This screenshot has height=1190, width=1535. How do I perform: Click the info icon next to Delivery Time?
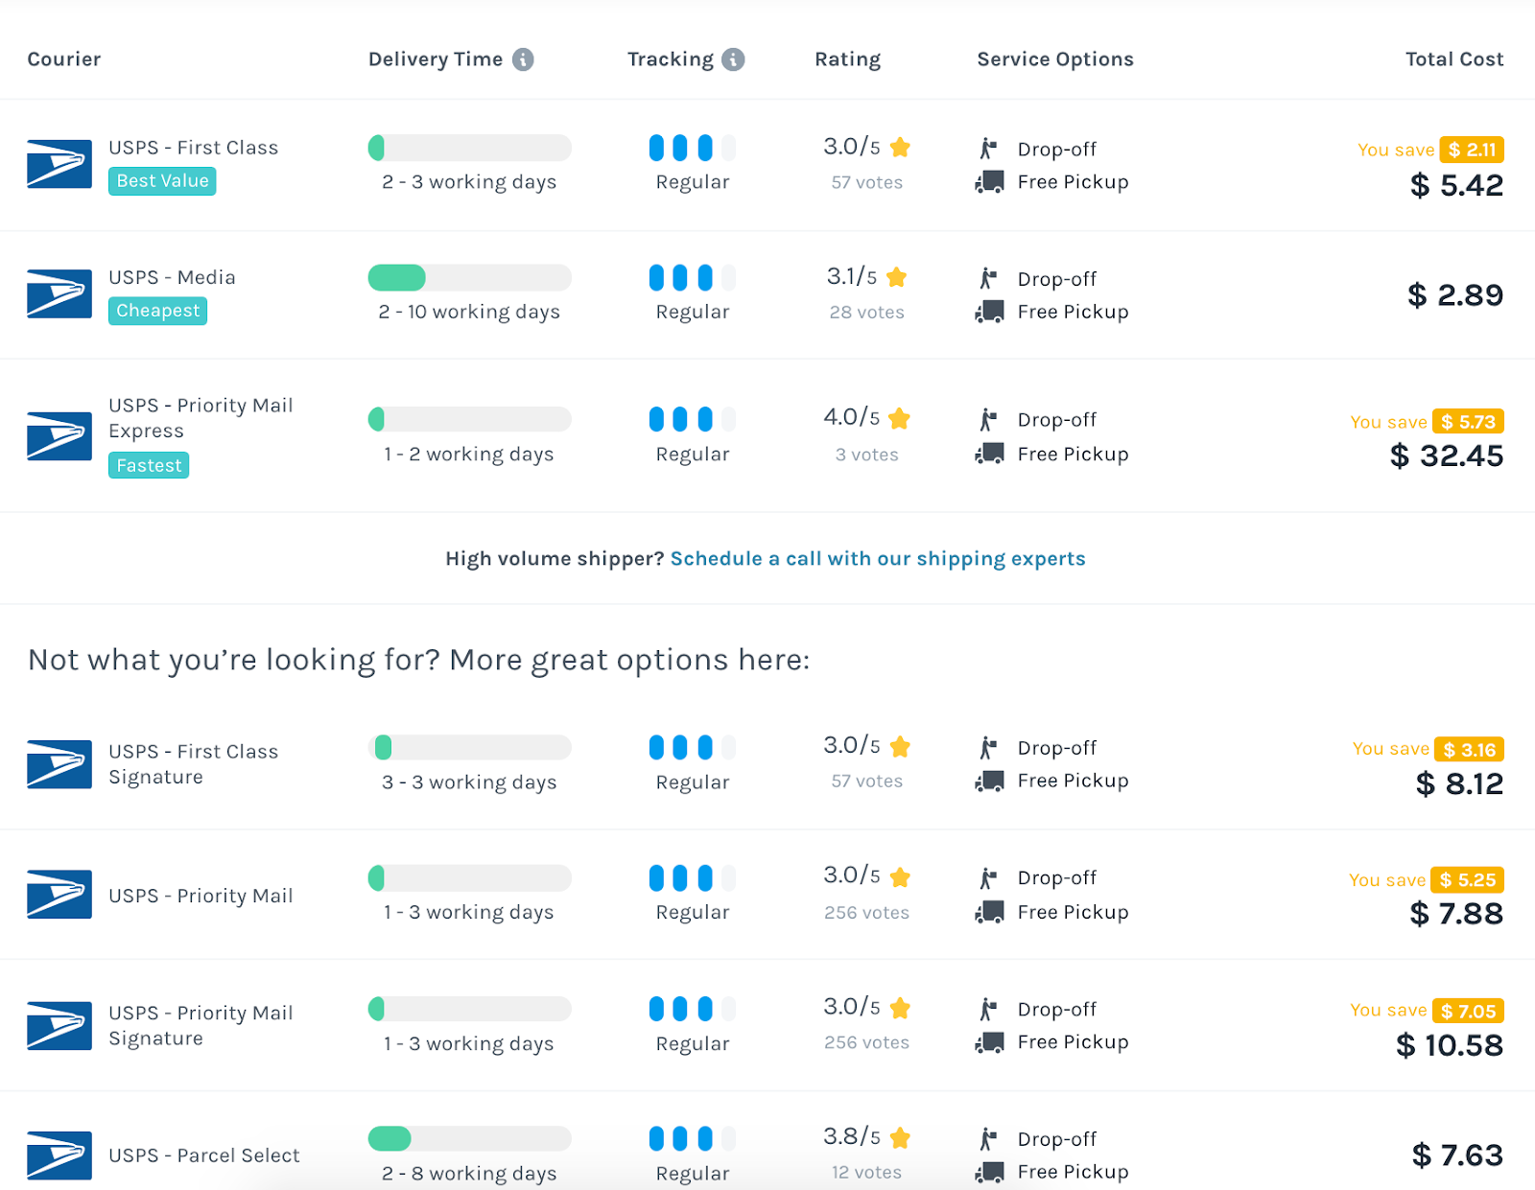523,59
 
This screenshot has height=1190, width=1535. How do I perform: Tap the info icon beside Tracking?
733,59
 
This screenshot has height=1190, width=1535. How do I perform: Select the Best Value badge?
162,181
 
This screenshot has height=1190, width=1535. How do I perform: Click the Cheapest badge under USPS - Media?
157,311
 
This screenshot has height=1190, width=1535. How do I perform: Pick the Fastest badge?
149,466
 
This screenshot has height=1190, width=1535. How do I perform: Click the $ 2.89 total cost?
1454,295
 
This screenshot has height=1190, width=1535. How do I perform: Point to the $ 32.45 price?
1446,456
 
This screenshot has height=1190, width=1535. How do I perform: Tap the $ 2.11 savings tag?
1472,150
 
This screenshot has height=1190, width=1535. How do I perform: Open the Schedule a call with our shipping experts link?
878,559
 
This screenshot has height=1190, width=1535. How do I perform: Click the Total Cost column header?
1453,59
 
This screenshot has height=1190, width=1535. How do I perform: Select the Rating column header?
847,59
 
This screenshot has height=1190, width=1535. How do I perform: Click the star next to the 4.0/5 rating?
899,419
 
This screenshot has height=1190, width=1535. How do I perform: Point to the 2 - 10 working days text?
469,312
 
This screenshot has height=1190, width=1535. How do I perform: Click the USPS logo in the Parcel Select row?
59,1155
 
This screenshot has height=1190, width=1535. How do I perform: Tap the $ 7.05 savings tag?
1468,1011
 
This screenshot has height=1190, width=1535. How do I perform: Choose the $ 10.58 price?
1449,1045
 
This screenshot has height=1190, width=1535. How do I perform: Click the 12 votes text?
866,1172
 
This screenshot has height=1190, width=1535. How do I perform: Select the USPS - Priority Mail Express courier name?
201,418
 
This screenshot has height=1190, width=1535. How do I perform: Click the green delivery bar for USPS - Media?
396,278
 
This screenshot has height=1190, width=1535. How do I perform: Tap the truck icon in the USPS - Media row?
989,312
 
